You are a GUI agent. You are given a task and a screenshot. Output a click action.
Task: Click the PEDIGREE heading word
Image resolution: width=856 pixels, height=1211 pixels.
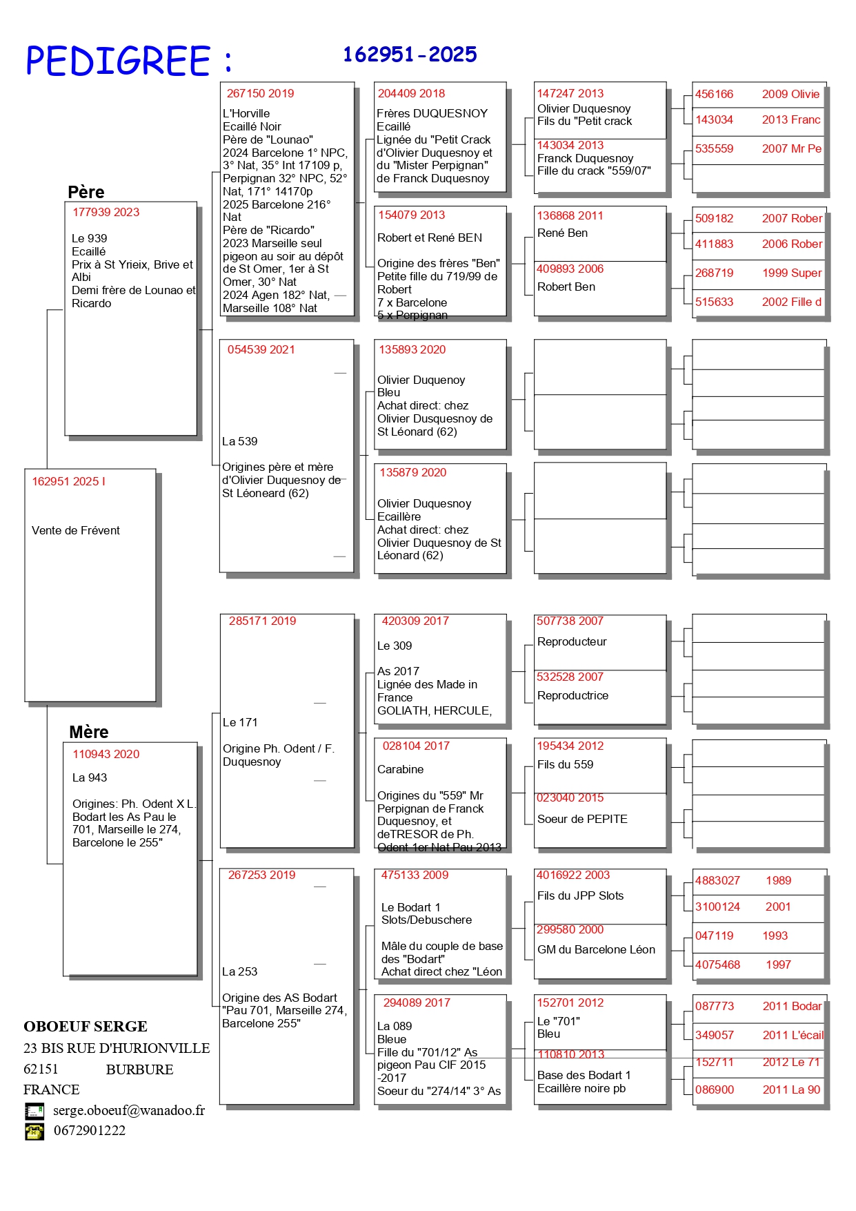coord(118,61)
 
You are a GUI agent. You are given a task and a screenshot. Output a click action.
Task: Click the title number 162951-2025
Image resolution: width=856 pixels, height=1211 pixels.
coord(410,55)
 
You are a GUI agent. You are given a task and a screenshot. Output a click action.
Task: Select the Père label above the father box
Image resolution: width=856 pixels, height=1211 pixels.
coord(86,192)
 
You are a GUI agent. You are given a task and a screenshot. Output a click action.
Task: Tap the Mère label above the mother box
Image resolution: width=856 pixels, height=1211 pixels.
coord(89,732)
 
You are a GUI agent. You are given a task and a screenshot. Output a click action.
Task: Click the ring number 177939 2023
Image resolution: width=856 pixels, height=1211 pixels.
coord(106,212)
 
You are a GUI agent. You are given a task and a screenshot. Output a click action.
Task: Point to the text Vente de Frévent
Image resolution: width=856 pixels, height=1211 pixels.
coord(76,530)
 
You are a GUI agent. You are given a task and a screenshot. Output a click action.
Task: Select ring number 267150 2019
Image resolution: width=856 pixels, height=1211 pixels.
coord(261,93)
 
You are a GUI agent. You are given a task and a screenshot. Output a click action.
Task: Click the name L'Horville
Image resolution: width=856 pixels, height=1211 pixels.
coord(246,113)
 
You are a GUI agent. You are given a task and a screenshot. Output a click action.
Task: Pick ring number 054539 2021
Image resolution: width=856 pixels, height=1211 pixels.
coord(261,349)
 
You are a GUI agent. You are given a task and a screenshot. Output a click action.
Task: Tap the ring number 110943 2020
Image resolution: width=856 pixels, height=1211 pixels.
coord(106,754)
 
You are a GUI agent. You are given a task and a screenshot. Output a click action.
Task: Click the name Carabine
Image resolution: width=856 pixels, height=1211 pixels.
coord(401,769)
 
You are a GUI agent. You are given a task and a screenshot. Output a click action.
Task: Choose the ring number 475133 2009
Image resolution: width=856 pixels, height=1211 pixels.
coord(415,875)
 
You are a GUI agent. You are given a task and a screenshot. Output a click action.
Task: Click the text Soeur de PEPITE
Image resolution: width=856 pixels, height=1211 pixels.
coord(582,819)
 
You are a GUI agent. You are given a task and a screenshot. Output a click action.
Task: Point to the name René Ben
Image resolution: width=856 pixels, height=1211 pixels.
coord(562,233)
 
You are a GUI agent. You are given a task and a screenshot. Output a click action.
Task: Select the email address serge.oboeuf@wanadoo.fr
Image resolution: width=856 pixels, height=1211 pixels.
coord(129,1110)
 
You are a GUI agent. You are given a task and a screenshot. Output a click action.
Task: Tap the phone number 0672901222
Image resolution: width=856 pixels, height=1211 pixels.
coord(90,1130)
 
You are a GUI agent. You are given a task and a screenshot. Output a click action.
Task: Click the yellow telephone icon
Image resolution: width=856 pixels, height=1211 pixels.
coord(34,1131)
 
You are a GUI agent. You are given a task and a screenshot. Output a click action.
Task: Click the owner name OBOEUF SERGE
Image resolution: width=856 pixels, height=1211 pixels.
coord(86,1026)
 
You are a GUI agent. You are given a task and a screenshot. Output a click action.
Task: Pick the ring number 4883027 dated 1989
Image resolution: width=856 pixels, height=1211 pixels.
coord(717,880)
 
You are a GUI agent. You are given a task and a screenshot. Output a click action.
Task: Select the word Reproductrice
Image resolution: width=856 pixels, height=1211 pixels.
coord(573,695)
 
